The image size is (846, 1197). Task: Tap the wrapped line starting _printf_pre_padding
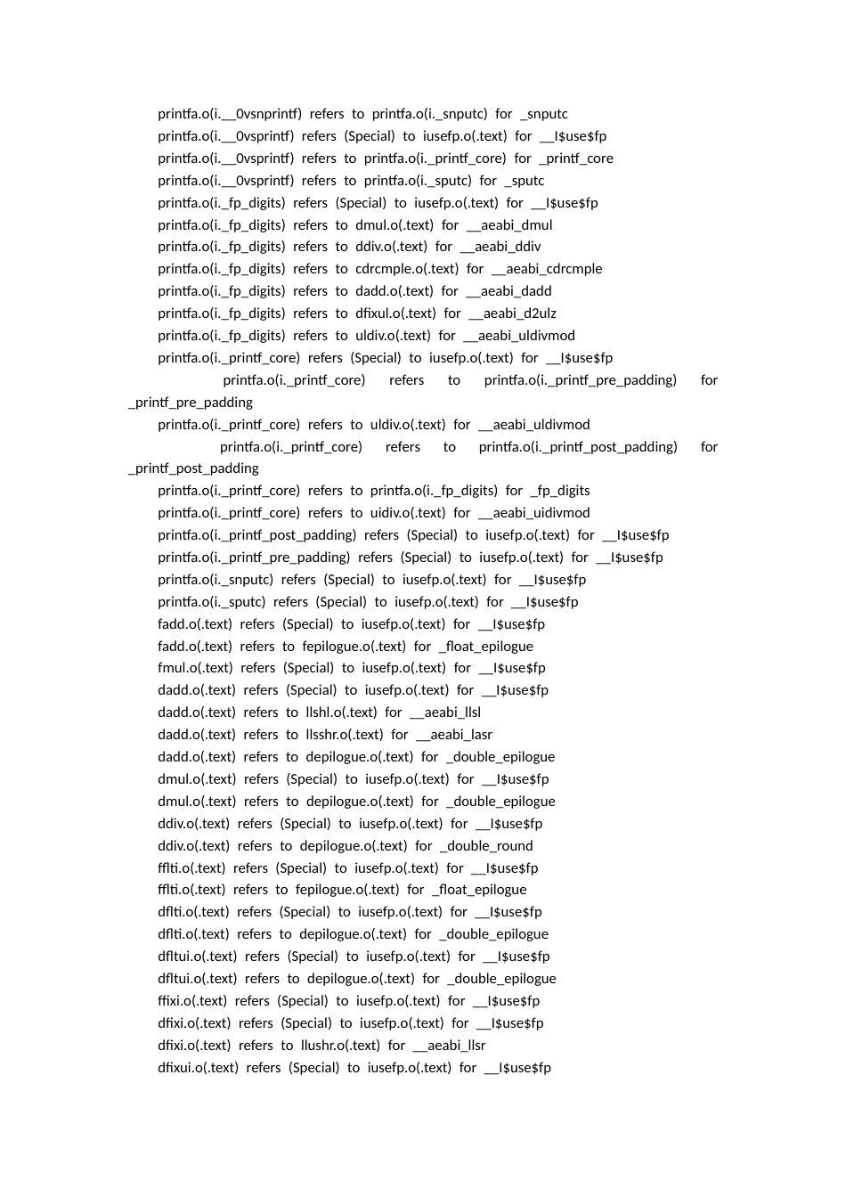pyautogui.click(x=191, y=403)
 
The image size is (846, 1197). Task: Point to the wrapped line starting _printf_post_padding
pyautogui.click(x=193, y=468)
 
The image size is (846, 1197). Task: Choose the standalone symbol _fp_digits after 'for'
pyautogui.click(x=559, y=491)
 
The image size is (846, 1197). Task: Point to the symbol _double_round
pyautogui.click(x=486, y=846)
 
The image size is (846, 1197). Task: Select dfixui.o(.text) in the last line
pyautogui.click(x=198, y=1068)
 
